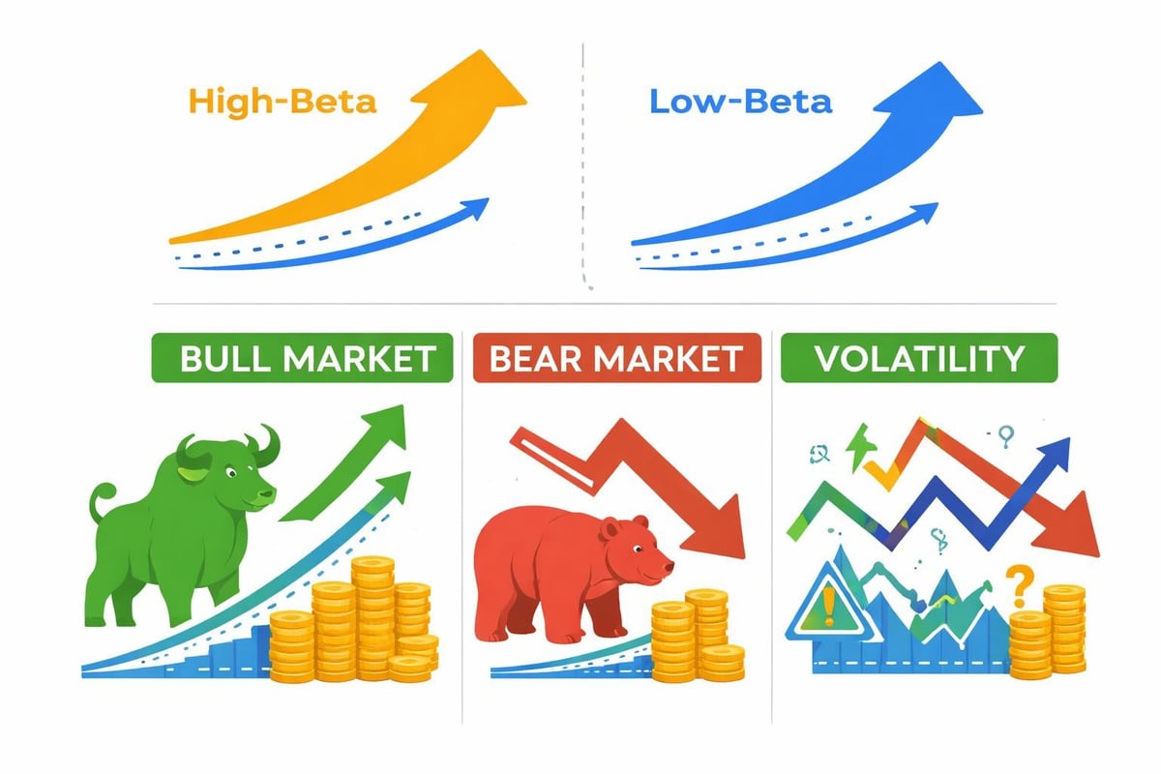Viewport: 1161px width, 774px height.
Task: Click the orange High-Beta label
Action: [283, 101]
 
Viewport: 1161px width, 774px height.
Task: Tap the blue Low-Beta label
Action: [740, 101]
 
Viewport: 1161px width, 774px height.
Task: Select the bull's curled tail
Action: [103, 503]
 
